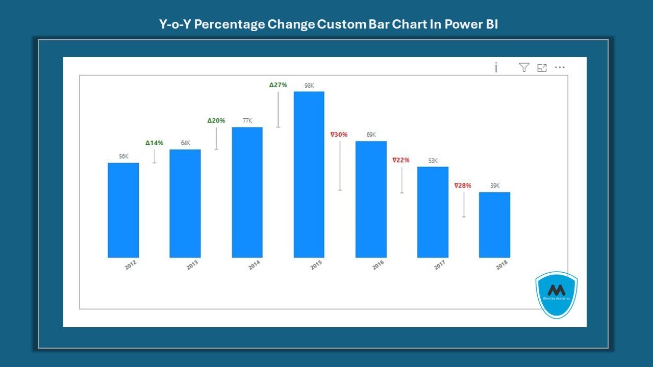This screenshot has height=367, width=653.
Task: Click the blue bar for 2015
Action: tap(309, 174)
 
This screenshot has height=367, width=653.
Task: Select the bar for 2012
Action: tap(123, 210)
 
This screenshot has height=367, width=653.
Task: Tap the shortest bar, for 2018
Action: tap(494, 225)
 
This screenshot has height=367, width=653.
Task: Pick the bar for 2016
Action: tap(371, 199)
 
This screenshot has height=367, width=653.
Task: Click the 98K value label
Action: tap(309, 85)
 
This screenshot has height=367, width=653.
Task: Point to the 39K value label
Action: tap(495, 186)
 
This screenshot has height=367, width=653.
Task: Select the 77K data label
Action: tap(247, 121)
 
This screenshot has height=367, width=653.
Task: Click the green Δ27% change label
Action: tap(278, 85)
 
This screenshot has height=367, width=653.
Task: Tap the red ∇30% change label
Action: tap(339, 135)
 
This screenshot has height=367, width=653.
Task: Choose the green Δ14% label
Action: tap(154, 143)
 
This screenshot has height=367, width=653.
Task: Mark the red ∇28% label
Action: tap(463, 186)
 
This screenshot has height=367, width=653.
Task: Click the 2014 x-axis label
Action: tap(254, 265)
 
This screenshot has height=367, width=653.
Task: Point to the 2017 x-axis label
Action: tap(440, 265)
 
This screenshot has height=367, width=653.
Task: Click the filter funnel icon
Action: tap(524, 67)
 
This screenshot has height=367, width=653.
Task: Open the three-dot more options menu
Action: tap(560, 67)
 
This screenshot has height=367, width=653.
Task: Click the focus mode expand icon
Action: tap(542, 67)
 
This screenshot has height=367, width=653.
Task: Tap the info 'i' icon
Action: tap(496, 67)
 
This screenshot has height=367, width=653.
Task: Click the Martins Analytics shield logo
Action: tap(556, 295)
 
